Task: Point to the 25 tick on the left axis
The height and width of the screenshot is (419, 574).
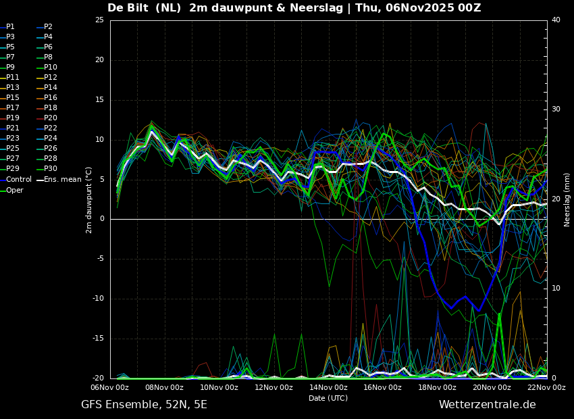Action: point(99,20)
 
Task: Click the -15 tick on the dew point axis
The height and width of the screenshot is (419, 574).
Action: point(98,339)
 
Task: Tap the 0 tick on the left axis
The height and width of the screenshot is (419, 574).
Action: point(102,219)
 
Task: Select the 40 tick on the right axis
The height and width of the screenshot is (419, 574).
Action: point(556,20)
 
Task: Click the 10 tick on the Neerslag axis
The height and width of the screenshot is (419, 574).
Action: point(556,289)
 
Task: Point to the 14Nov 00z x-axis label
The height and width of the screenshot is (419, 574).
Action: point(328,387)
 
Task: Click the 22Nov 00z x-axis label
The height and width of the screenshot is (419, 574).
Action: point(547,387)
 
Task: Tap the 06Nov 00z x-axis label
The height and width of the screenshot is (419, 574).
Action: point(110,387)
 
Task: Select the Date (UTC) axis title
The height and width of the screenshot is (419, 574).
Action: point(328,398)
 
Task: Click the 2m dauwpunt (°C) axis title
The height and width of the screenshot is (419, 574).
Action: point(89,200)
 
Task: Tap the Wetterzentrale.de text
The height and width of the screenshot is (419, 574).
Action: point(488,405)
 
